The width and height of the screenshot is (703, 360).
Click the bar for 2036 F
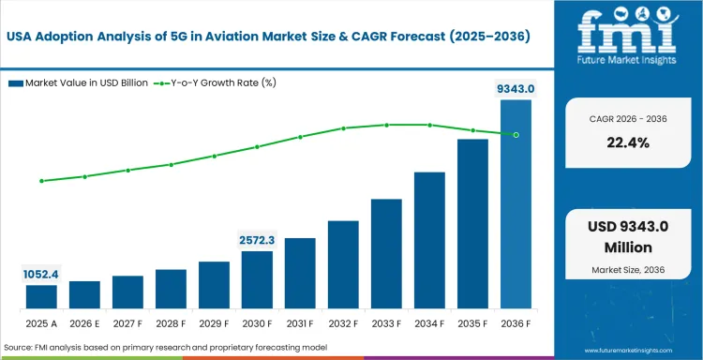(516, 204)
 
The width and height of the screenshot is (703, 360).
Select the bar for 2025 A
(41, 297)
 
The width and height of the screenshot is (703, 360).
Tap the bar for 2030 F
(257, 280)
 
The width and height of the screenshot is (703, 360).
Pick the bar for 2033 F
(386, 254)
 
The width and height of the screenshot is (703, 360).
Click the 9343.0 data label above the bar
(516, 89)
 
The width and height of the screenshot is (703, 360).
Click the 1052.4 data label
(41, 275)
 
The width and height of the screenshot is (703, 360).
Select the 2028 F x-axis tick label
(171, 324)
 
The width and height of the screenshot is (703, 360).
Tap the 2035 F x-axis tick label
(472, 324)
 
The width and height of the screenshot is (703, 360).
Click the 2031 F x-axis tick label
(300, 324)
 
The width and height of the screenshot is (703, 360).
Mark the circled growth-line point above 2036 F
(516, 134)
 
